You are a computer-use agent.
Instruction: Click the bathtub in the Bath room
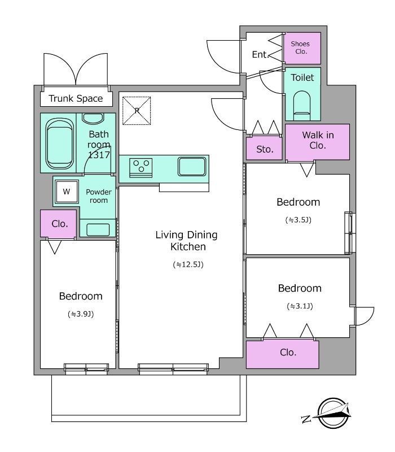[59, 144]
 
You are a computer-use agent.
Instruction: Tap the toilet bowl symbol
[302, 106]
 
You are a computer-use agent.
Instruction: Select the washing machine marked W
[67, 192]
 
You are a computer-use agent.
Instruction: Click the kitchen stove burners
[141, 168]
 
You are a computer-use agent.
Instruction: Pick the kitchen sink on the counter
[192, 166]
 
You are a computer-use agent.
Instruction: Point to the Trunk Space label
[76, 98]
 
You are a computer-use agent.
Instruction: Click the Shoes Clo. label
[300, 47]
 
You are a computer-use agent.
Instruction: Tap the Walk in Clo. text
[318, 140]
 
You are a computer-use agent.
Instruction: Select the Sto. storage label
[265, 149]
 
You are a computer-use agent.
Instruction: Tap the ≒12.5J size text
[188, 264]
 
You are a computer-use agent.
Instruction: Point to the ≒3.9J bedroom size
[81, 314]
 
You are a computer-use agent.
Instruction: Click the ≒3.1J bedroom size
[300, 306]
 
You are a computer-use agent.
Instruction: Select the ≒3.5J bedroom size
[299, 220]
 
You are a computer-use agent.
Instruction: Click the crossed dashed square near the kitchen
[137, 111]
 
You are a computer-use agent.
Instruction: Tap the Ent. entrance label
[260, 54]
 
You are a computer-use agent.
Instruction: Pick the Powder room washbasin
[98, 229]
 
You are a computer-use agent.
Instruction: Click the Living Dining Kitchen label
[187, 241]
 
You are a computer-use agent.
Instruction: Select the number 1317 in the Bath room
[99, 155]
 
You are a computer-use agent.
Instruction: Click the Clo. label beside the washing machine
[60, 224]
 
